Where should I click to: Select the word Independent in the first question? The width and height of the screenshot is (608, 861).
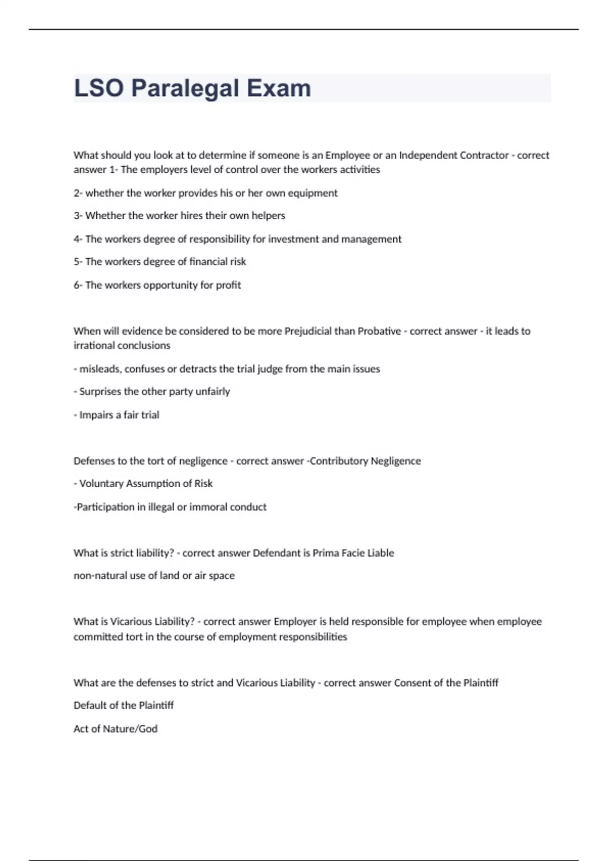[428, 155]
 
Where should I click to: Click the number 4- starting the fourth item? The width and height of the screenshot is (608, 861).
[78, 239]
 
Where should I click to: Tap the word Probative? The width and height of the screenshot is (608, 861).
[379, 331]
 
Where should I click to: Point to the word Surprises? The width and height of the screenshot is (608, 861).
[100, 392]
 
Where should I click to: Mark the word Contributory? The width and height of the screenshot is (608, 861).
[338, 461]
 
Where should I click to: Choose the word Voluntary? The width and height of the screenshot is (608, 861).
[101, 484]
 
